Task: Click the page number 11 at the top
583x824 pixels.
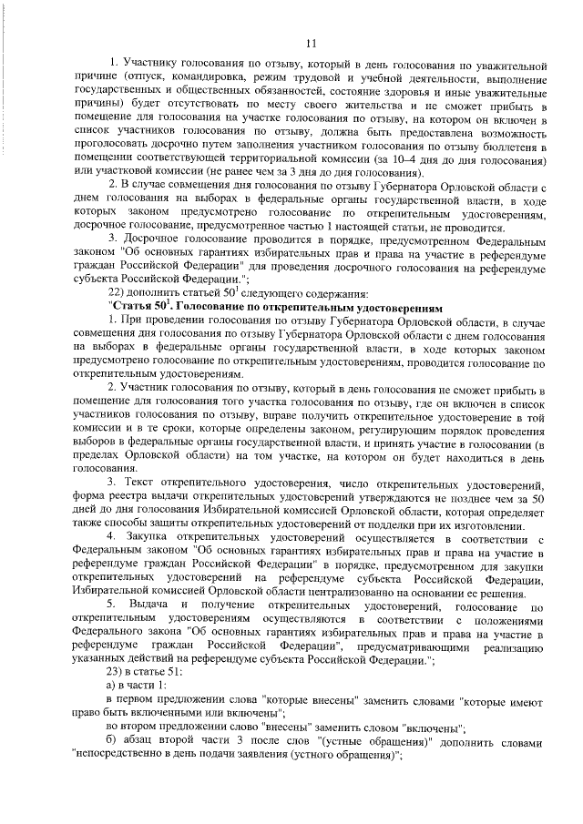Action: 310,42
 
